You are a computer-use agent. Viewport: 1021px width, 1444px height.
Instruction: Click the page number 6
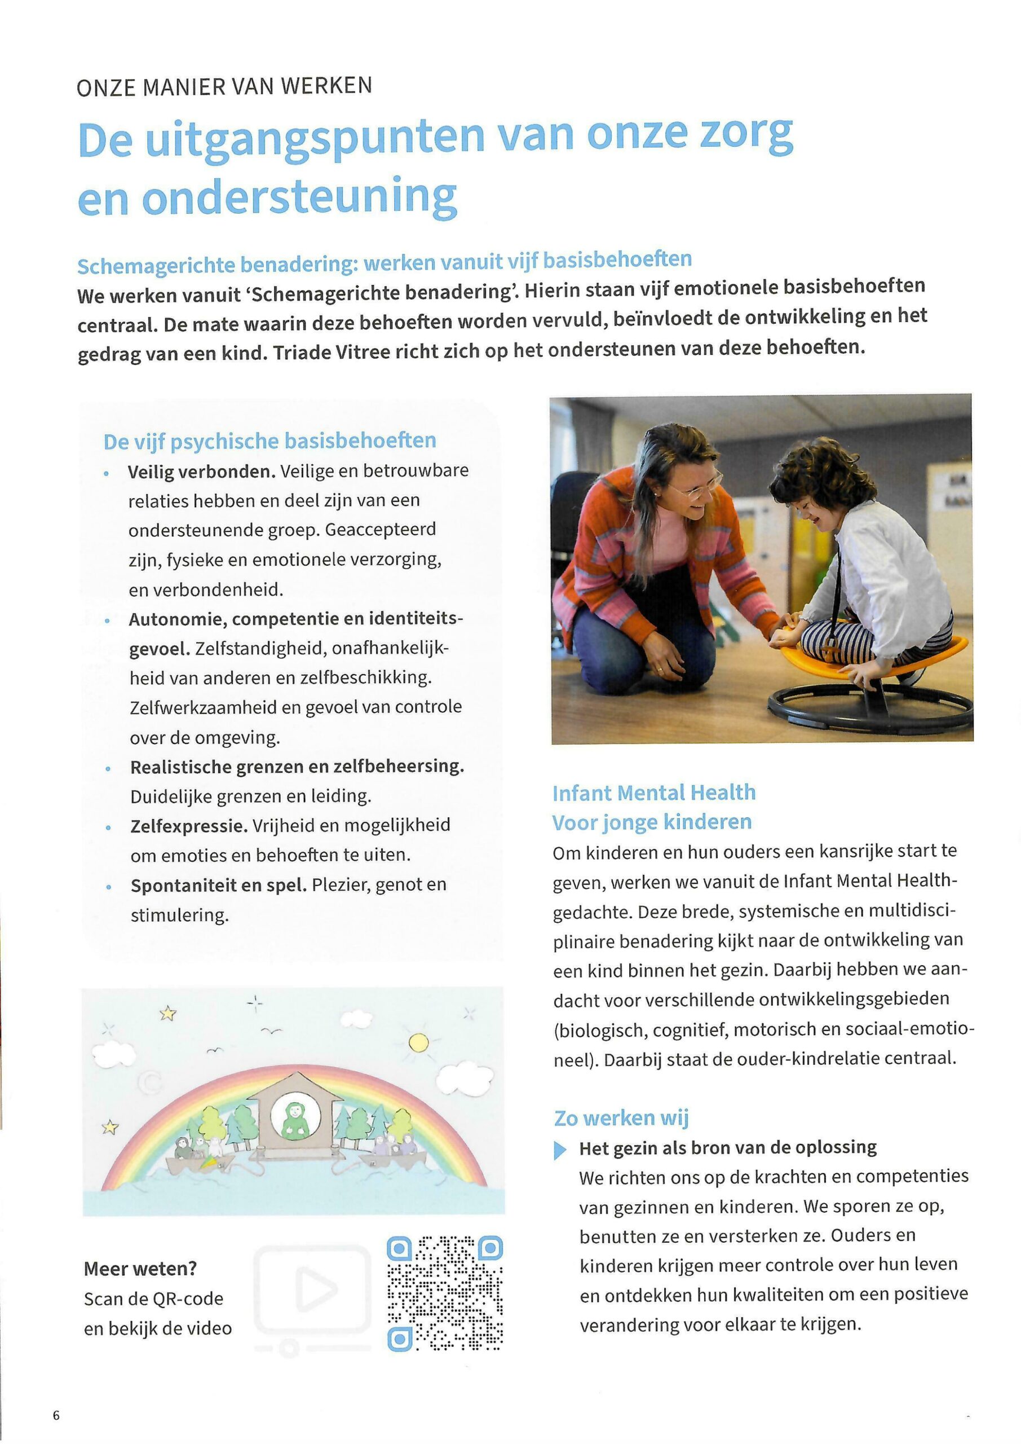point(56,1416)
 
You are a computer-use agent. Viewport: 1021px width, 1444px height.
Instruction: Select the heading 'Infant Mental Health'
point(654,793)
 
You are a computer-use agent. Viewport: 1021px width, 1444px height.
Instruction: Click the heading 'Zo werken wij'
point(621,1118)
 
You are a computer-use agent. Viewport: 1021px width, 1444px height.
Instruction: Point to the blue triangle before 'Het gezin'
point(559,1150)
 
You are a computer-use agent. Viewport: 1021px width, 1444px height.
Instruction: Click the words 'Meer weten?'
point(140,1269)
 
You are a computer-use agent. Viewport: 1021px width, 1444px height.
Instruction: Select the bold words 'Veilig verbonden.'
point(201,472)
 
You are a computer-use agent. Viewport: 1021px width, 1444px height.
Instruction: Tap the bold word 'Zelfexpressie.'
point(189,826)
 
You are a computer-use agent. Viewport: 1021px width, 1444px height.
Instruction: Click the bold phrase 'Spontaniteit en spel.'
point(218,886)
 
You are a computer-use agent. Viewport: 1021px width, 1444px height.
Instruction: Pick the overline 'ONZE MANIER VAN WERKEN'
point(224,86)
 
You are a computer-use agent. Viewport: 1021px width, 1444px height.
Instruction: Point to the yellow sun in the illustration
point(419,1044)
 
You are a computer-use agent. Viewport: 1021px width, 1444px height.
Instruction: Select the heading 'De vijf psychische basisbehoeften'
point(269,441)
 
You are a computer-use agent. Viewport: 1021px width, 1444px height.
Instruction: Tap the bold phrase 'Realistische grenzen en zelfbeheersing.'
point(297,767)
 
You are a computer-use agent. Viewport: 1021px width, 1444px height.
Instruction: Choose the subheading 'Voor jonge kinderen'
point(652,822)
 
